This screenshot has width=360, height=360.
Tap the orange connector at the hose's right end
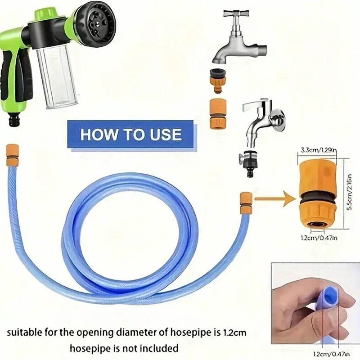point(245,201)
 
